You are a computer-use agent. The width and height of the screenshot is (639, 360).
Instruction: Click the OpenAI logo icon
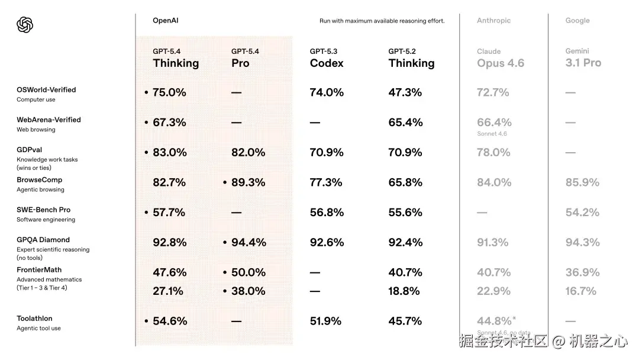click(x=25, y=24)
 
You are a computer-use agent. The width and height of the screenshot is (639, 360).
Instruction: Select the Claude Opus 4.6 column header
click(x=501, y=58)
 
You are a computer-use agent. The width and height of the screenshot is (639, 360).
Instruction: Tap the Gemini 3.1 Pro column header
click(x=583, y=58)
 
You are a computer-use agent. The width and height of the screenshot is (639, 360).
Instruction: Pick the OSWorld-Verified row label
click(x=46, y=90)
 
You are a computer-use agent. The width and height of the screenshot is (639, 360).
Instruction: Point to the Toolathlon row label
click(x=34, y=319)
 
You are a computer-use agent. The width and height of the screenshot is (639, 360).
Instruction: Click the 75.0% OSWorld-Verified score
click(x=169, y=92)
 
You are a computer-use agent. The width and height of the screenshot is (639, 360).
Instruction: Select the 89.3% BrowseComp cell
click(x=248, y=182)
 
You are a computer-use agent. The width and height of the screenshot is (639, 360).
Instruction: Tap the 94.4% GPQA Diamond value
click(x=248, y=242)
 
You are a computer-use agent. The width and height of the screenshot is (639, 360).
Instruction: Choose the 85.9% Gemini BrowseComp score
click(x=582, y=182)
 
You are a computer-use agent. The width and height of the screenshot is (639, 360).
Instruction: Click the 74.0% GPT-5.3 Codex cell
click(x=327, y=92)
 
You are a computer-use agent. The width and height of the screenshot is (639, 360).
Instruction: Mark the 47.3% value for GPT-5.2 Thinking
click(x=405, y=92)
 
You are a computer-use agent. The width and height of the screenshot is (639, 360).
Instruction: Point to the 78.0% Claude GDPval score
click(x=493, y=152)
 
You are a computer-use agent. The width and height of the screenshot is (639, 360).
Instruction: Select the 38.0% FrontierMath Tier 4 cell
click(x=248, y=291)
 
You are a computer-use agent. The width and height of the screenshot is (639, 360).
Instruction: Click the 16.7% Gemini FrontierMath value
click(x=580, y=291)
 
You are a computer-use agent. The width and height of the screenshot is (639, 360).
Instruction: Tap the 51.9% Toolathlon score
click(x=325, y=321)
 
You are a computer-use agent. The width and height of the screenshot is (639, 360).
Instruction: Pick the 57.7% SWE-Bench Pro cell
click(x=169, y=212)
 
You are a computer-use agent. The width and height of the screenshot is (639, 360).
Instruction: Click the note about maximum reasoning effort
click(x=382, y=21)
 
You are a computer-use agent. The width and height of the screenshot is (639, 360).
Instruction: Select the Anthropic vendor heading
click(x=493, y=21)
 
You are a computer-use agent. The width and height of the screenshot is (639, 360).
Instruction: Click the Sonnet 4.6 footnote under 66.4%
click(x=492, y=134)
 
